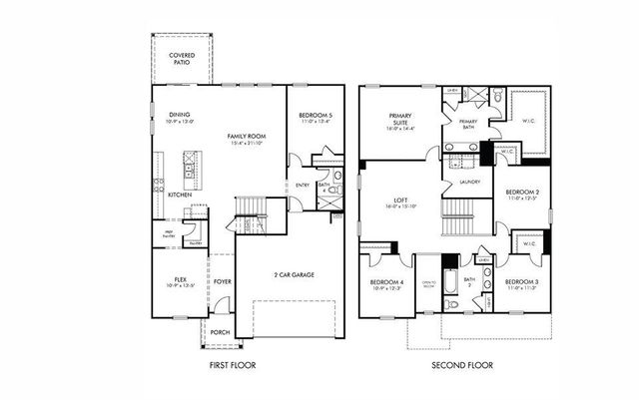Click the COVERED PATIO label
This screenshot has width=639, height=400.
(182, 58)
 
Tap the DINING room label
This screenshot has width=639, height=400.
(180, 115)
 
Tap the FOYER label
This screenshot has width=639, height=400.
(222, 281)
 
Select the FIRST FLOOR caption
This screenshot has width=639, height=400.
(232, 365)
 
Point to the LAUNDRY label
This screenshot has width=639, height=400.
(470, 183)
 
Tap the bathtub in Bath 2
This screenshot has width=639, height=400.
(449, 284)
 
